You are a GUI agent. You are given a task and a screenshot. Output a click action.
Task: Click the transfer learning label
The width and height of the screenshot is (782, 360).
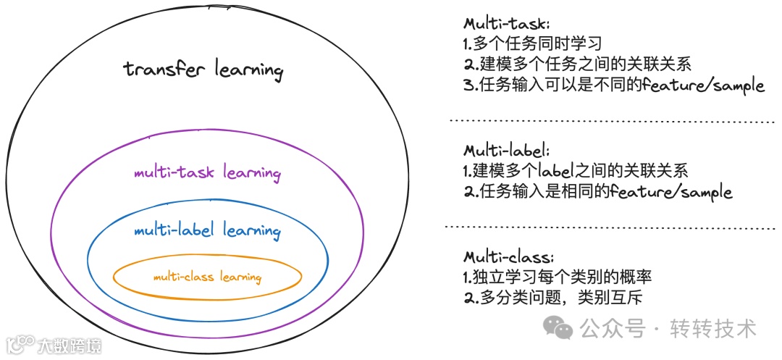[203, 70]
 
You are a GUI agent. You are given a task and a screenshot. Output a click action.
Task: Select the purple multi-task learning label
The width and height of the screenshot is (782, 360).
[207, 173]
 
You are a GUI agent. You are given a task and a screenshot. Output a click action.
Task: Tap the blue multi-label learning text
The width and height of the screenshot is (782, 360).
[207, 231]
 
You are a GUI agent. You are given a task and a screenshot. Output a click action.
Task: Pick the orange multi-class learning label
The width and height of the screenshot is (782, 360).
[207, 277]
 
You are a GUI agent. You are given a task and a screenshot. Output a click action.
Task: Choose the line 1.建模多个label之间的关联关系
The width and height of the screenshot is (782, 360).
[575, 172]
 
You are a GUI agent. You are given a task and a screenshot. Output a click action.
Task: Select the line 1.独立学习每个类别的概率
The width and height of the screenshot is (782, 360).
[558, 277]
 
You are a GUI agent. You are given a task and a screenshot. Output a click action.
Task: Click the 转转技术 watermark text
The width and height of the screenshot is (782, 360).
[713, 329]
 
